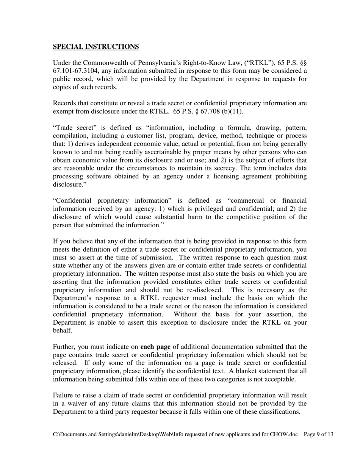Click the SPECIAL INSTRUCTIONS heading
pyautogui.click(x=96, y=47)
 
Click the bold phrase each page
pyautogui.click(x=155, y=347)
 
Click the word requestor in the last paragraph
pyautogui.click(x=168, y=411)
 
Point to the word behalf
pyautogui.click(x=62, y=330)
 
